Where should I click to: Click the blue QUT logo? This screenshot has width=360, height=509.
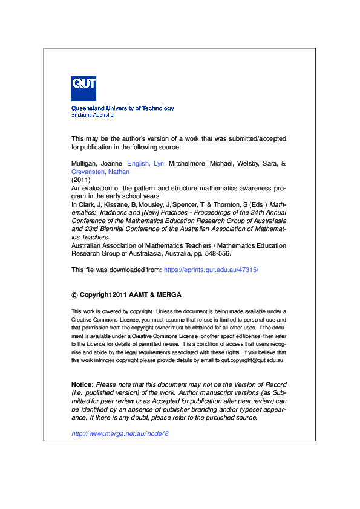(x=83, y=88)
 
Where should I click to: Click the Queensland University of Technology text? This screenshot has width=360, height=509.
(x=123, y=108)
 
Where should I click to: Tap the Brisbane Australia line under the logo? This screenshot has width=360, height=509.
(x=92, y=114)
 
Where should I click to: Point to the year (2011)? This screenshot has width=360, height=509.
(x=81, y=180)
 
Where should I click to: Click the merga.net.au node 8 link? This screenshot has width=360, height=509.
(x=120, y=433)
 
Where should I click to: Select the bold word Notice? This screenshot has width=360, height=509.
(x=81, y=384)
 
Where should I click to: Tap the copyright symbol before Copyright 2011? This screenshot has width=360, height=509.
(x=75, y=295)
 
